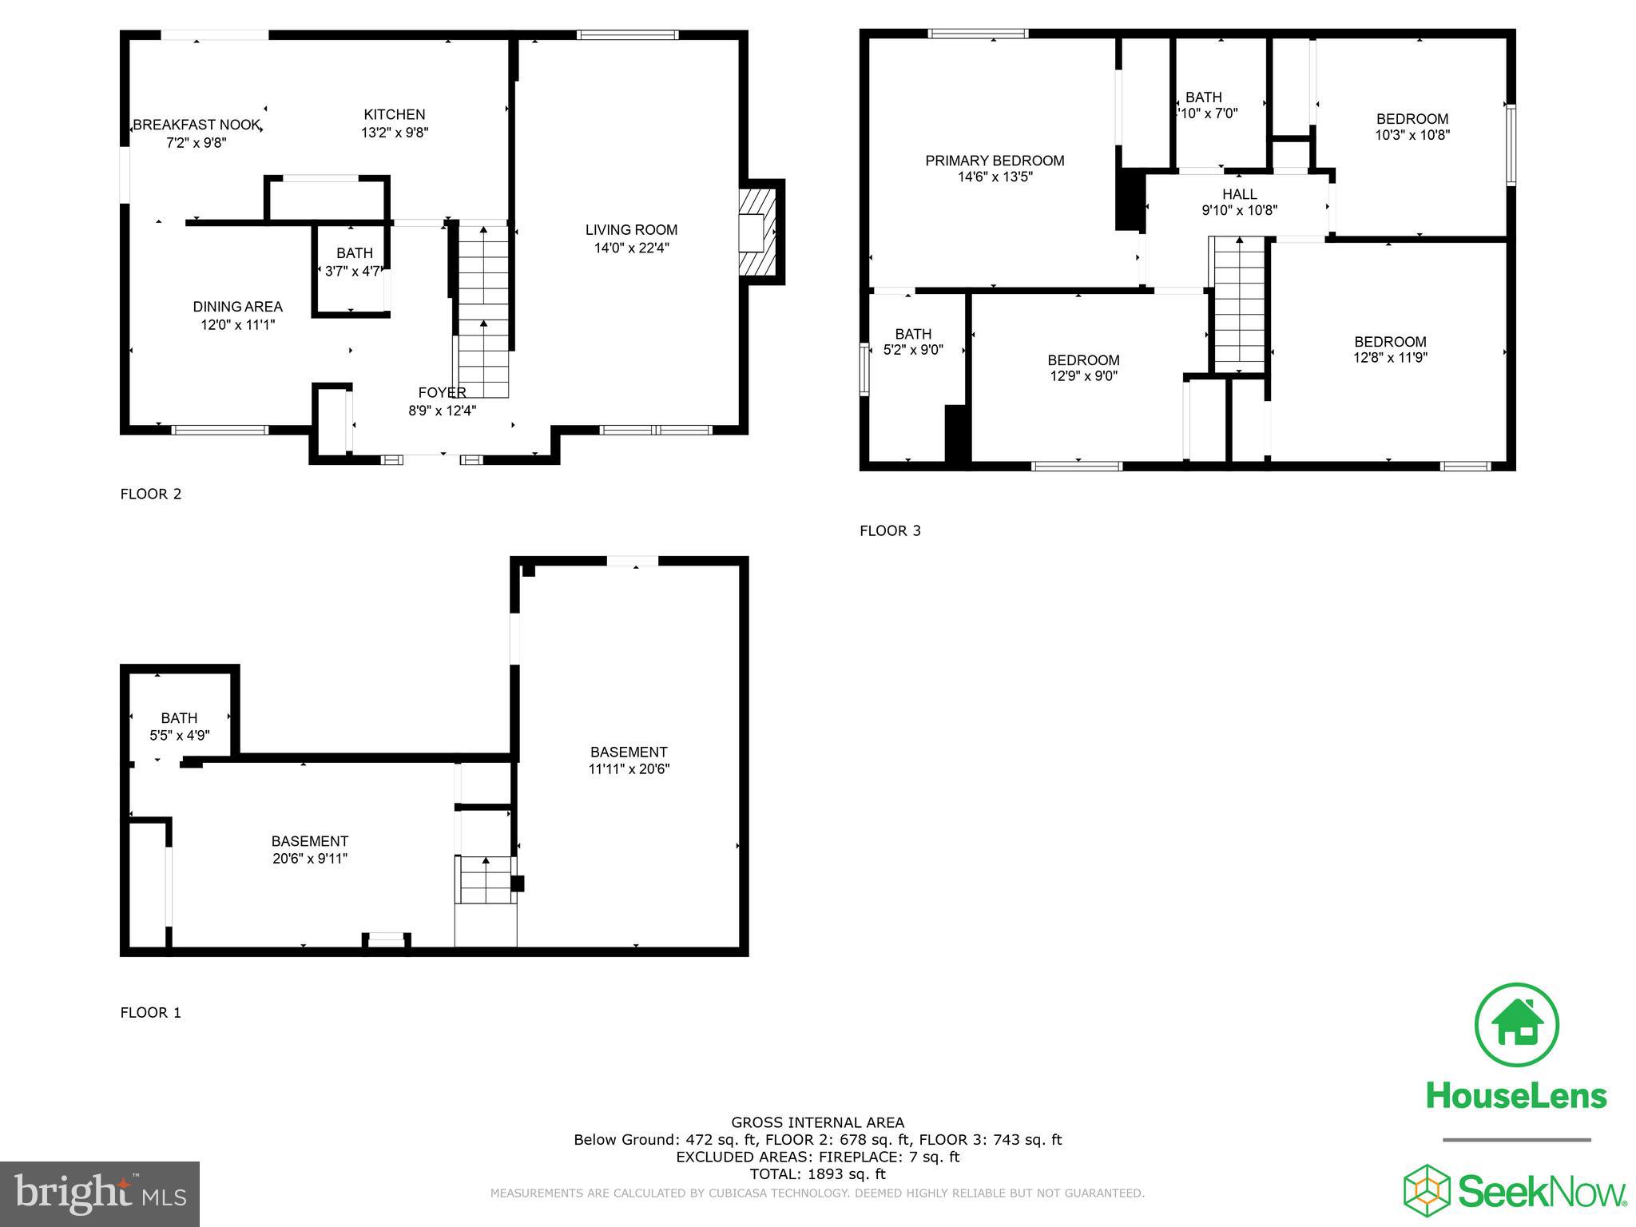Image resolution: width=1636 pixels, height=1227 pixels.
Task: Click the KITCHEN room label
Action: click(x=394, y=115)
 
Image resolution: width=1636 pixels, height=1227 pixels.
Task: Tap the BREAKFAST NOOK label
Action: click(x=197, y=125)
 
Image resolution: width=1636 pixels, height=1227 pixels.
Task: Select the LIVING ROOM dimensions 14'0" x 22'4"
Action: click(x=631, y=248)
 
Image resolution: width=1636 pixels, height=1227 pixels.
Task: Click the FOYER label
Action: click(x=442, y=393)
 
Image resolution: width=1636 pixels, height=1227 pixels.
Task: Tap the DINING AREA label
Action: click(x=237, y=307)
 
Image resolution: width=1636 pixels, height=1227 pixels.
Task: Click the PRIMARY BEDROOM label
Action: click(x=995, y=161)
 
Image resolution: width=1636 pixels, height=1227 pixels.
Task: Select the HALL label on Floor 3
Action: click(x=1239, y=194)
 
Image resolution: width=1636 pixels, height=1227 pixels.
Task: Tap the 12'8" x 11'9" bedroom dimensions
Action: click(x=1390, y=358)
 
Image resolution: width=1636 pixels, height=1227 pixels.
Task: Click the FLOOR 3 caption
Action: click(x=890, y=530)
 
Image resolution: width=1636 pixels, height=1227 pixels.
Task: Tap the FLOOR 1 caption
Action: click(x=150, y=1013)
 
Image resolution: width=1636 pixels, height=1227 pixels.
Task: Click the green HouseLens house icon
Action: click(x=1515, y=1025)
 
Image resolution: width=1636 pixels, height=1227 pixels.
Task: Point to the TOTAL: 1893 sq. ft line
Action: click(x=817, y=1174)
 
